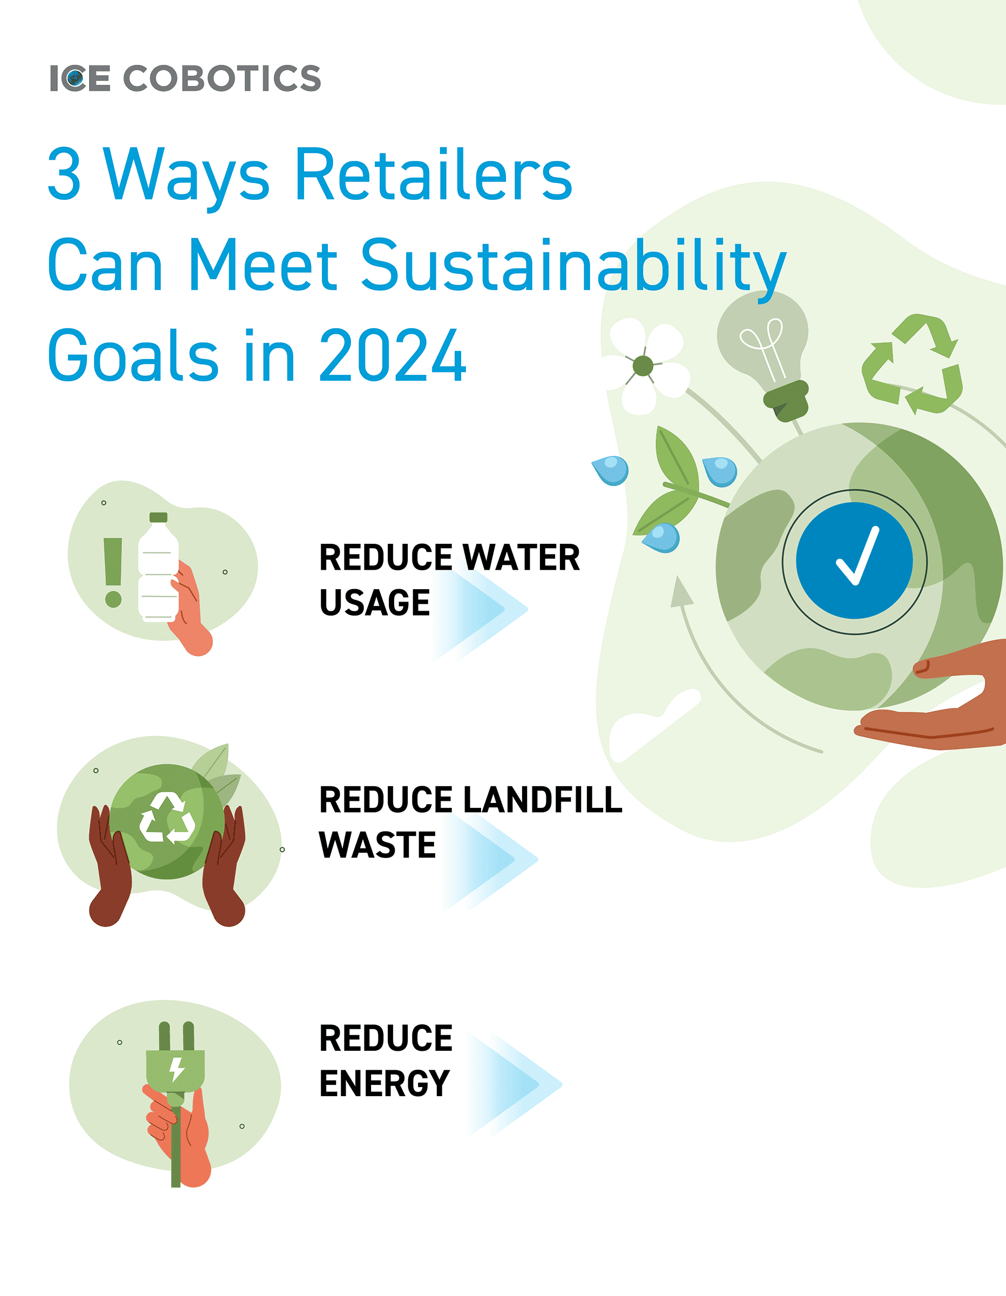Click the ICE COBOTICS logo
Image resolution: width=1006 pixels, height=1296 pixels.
point(185,78)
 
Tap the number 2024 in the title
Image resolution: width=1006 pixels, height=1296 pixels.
point(393,355)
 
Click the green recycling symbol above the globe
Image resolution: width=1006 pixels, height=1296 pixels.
point(912,364)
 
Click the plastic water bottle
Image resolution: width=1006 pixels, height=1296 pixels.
point(158,568)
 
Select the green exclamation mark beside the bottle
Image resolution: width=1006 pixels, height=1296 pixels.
point(113,572)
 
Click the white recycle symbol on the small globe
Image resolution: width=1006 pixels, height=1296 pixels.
point(167,819)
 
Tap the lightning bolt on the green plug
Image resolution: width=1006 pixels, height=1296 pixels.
point(176,1069)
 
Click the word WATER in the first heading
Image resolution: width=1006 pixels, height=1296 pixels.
point(521,558)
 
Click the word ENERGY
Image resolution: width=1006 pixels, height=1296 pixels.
point(384,1084)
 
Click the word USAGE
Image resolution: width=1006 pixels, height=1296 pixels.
point(375,603)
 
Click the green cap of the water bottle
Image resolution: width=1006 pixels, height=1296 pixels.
point(158,517)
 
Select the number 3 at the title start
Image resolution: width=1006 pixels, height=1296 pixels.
point(64,173)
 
